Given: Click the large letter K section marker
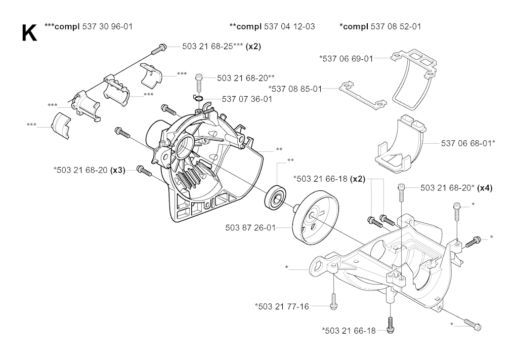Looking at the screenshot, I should (29, 33).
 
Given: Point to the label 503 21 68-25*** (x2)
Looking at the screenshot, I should (222, 47).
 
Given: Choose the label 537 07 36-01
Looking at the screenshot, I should (246, 99).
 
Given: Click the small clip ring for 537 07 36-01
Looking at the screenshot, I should (199, 98).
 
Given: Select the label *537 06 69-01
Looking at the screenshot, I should (346, 59).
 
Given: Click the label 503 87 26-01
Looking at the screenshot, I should (250, 228).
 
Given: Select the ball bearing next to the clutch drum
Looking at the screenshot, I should (276, 196).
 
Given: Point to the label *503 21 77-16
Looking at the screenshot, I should (282, 306).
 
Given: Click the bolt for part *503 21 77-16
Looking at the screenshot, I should (334, 300).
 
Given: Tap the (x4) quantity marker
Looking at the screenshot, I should (485, 188).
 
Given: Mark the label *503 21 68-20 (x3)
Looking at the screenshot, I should (89, 170).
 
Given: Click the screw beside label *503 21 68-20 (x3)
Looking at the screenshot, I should (144, 171).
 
